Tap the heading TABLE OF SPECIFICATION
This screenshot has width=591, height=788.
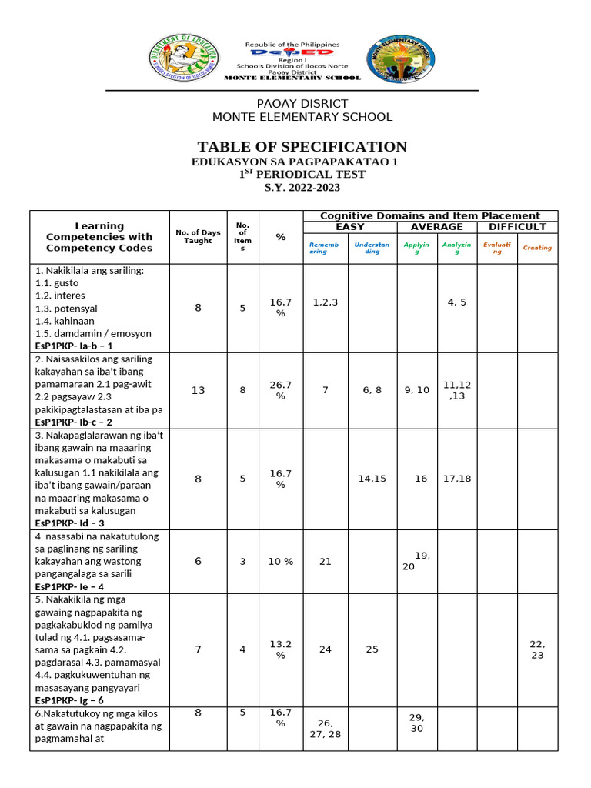pyautogui.click(x=302, y=147)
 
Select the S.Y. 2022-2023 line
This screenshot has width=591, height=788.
pyautogui.click(x=302, y=187)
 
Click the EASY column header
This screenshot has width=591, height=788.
pyautogui.click(x=350, y=227)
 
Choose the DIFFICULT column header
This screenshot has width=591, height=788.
pyautogui.click(x=517, y=227)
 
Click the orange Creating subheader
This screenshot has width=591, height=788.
pyautogui.click(x=537, y=248)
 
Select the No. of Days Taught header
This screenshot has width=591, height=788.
pyautogui.click(x=198, y=236)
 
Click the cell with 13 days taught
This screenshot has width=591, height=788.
pyautogui.click(x=198, y=390)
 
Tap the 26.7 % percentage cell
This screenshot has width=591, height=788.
pyautogui.click(x=281, y=390)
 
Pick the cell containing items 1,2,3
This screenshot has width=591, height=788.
pyautogui.click(x=326, y=302)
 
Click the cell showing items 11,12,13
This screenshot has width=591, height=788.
pyautogui.click(x=457, y=390)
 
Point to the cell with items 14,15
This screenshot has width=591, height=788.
pyautogui.click(x=372, y=479)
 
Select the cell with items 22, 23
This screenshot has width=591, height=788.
pyautogui.click(x=537, y=649)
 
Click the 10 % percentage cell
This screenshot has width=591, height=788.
pyautogui.click(x=281, y=562)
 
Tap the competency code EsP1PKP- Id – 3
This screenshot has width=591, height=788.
pyautogui.click(x=74, y=523)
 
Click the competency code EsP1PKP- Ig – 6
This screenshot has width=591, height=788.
pyautogui.click(x=74, y=700)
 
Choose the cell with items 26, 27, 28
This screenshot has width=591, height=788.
pyautogui.click(x=326, y=729)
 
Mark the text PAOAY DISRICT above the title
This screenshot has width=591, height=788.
pyautogui.click(x=302, y=104)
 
